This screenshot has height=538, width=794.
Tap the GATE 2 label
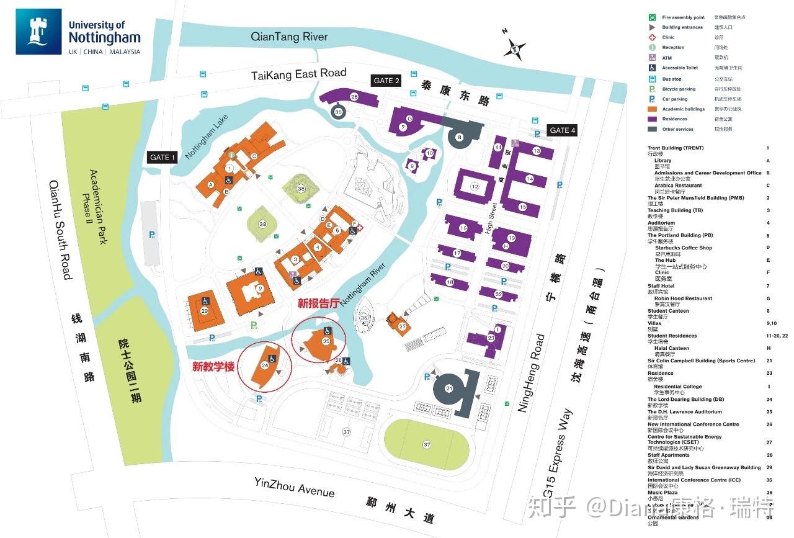pyautogui.click(x=385, y=81)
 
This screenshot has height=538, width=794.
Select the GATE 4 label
pyautogui.click(x=562, y=130)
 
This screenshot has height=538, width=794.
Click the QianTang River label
pyautogui.click(x=289, y=37)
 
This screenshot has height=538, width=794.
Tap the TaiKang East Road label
pyautogui.click(x=298, y=74)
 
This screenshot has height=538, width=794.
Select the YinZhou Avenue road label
pyautogui.click(x=294, y=487)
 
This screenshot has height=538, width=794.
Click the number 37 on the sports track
pyautogui.click(x=427, y=444)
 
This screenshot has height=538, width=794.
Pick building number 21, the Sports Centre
pyautogui.click(x=449, y=389)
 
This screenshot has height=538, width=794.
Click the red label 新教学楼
pyautogui.click(x=213, y=367)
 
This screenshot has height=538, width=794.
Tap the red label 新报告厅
pyautogui.click(x=318, y=303)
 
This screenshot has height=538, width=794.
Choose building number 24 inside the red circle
pyautogui.click(x=265, y=366)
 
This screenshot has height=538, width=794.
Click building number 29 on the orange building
pyautogui.click(x=205, y=310)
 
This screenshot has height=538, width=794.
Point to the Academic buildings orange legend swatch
pyautogui.click(x=652, y=109)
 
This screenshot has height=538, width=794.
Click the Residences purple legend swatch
pyautogui.click(x=652, y=119)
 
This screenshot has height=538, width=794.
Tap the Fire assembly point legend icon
pyautogui.click(x=652, y=17)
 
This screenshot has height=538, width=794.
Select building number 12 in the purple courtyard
pyautogui.click(x=475, y=186)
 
